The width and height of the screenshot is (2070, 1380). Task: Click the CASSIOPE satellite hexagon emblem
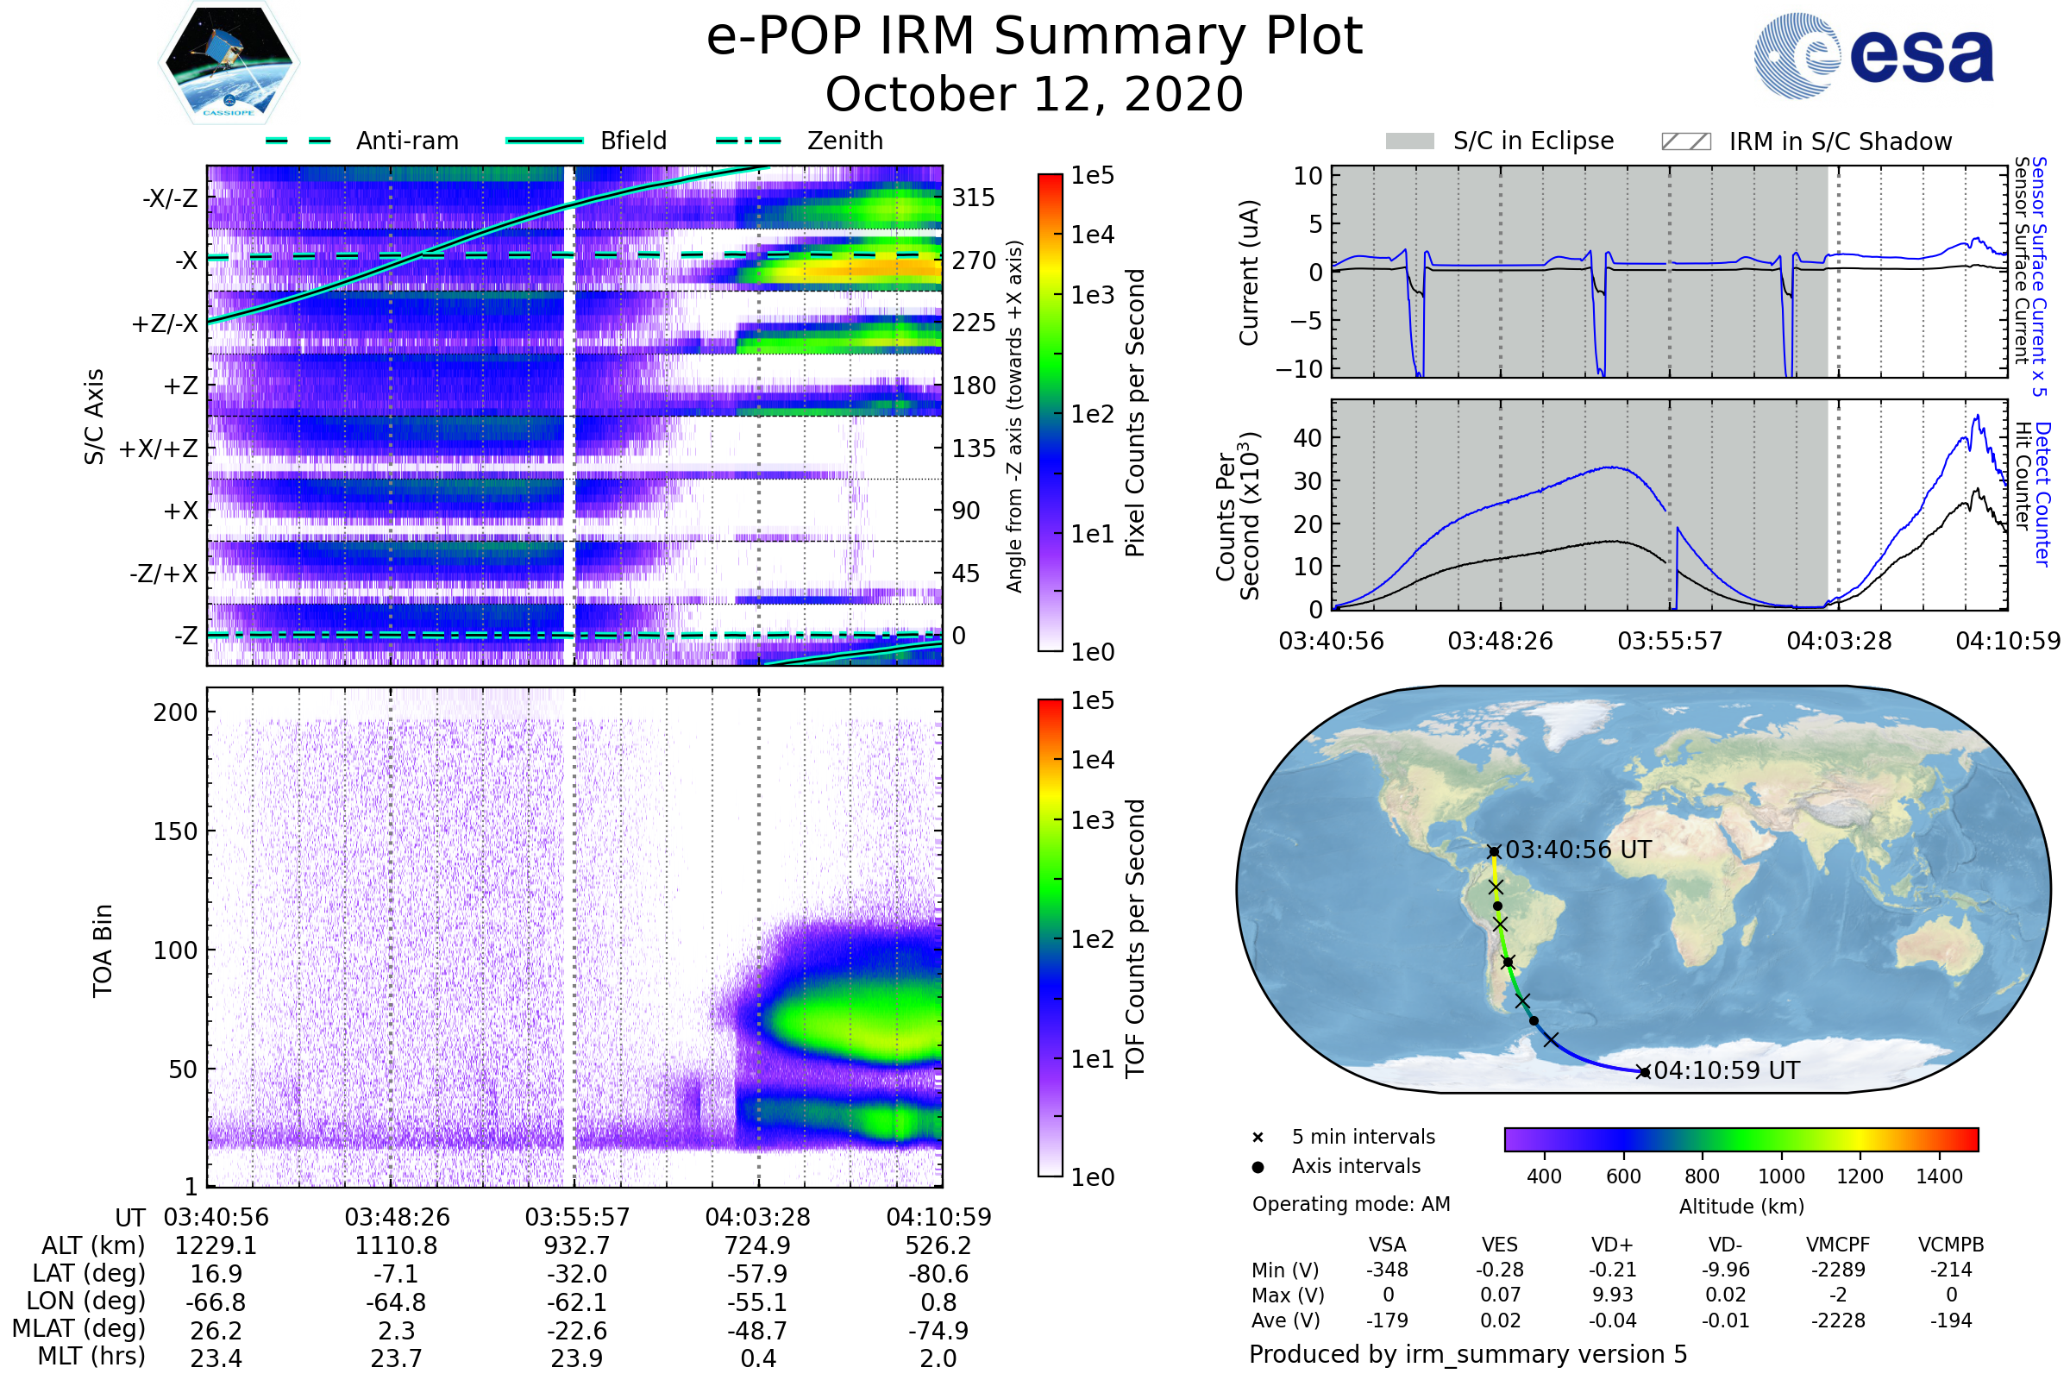click(229, 62)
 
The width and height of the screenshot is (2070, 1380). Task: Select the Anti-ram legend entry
click(406, 141)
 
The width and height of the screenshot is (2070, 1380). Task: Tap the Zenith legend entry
click(845, 141)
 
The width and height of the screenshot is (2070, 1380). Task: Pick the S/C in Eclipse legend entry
click(1534, 141)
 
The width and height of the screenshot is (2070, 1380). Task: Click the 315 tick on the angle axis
click(974, 198)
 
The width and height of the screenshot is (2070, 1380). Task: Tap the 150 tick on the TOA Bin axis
click(175, 831)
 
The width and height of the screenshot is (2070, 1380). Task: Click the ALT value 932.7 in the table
click(577, 1245)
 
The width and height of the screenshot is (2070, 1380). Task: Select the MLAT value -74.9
click(938, 1330)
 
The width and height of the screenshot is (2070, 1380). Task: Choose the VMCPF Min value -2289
click(1838, 1270)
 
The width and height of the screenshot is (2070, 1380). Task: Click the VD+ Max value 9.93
click(1612, 1295)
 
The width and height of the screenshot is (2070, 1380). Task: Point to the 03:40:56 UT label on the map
click(1578, 850)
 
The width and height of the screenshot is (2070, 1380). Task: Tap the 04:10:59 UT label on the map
click(1727, 1071)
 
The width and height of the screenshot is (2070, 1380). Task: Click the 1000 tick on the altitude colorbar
click(1781, 1176)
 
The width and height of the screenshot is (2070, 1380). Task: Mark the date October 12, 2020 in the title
click(1034, 94)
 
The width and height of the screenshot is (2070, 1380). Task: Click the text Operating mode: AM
click(1351, 1204)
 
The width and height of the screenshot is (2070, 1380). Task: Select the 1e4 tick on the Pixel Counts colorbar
click(1092, 235)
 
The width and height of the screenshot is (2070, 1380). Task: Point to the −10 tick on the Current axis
click(1299, 369)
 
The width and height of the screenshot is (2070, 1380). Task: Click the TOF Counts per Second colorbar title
click(1135, 938)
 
